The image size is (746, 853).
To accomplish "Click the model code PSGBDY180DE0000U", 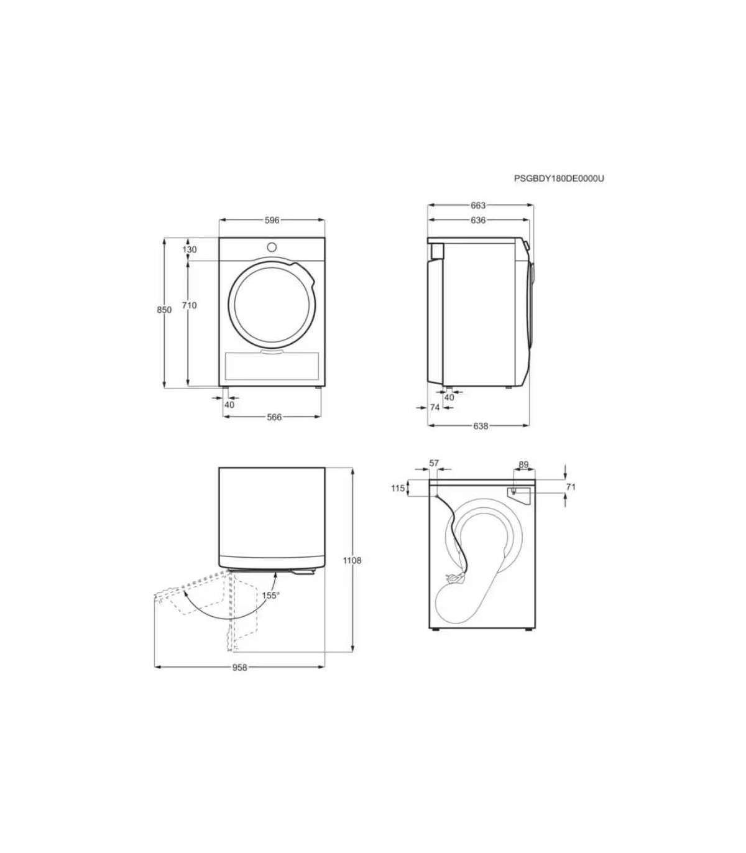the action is point(559,178).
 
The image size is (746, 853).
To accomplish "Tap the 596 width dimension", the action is point(272,220).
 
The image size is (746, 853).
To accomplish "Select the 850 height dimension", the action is point(164,310).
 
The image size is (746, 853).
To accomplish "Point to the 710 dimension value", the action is point(189,305).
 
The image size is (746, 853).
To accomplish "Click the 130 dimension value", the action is point(189,249).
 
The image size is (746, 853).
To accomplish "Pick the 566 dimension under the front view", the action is point(274,417).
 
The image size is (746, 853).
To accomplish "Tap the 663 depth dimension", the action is point(478,205).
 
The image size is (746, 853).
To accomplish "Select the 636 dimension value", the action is point(478,220).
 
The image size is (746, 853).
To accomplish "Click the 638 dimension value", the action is point(481,426).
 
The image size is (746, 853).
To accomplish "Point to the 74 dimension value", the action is point(435,407).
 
